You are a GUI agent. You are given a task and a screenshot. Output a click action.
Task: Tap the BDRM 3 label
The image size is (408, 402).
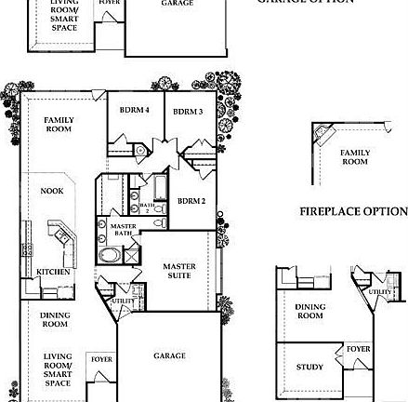[x=189, y=112]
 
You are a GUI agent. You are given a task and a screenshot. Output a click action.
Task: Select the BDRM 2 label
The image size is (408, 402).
[x=191, y=200]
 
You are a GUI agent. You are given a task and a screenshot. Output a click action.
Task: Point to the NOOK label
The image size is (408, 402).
[x=52, y=191]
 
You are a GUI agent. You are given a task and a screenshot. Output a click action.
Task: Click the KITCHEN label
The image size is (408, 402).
[x=53, y=271]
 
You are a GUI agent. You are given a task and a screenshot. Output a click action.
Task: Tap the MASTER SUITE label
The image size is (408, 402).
[x=179, y=269]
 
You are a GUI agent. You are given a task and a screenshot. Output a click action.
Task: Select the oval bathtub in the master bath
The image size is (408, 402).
[x=110, y=255]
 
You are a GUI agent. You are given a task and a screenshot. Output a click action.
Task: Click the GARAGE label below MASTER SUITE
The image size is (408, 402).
[x=169, y=355]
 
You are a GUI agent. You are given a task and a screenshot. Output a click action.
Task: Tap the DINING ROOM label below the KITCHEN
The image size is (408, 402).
[x=54, y=319]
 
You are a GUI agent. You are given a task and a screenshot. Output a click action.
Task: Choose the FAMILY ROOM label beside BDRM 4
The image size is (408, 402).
[x=59, y=123]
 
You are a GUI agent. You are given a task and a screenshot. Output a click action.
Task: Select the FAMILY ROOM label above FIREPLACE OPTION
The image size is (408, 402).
[x=354, y=156]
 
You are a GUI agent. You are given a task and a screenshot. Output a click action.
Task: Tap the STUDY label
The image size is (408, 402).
[x=309, y=367]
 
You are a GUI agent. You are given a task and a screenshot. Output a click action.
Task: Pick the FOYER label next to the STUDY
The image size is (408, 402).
[x=358, y=348]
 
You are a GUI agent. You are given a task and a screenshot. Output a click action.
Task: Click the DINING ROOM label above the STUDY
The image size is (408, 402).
[x=309, y=310]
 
